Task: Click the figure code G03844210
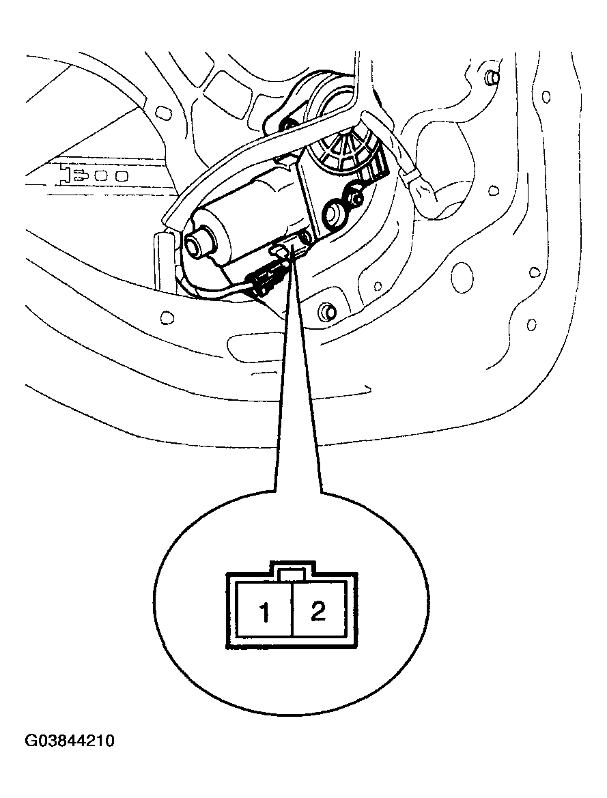point(70,741)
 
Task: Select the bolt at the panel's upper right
point(492,77)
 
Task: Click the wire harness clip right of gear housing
point(421,189)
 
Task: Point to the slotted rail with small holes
point(91,175)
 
